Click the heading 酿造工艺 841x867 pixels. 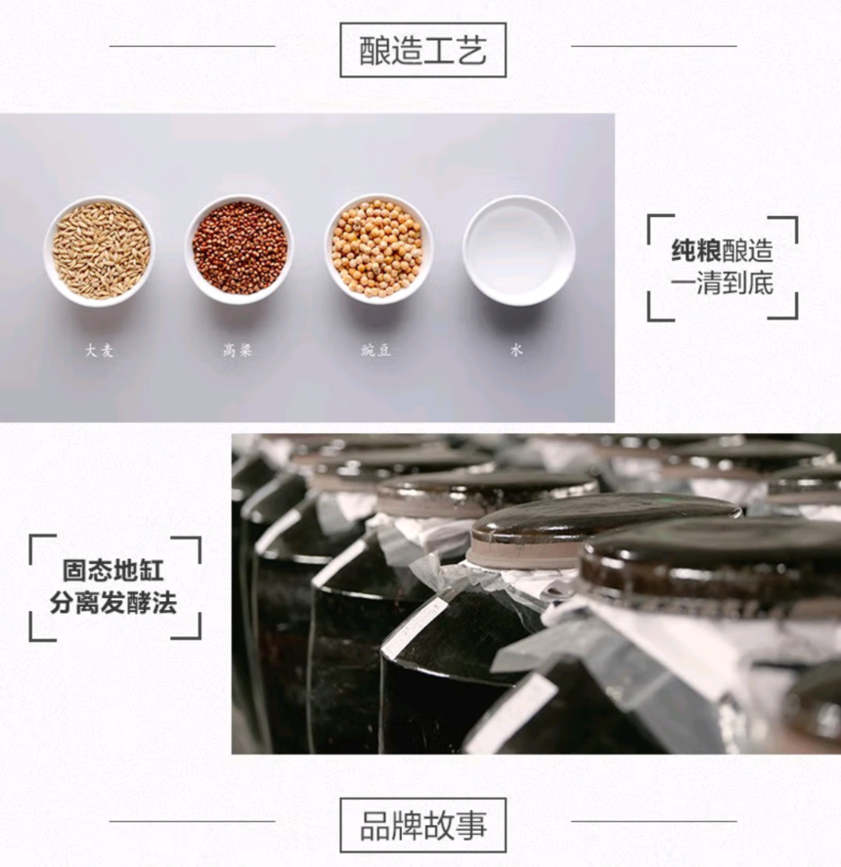[x=422, y=50]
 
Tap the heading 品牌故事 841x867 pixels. [x=422, y=826]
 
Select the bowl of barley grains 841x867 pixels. [x=100, y=251]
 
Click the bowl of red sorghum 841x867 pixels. [x=240, y=249]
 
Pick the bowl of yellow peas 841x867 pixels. [x=379, y=249]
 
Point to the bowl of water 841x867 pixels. [x=518, y=250]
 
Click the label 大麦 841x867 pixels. [x=100, y=350]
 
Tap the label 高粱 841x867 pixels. [x=238, y=350]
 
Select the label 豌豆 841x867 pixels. [x=376, y=350]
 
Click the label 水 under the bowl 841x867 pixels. [x=516, y=350]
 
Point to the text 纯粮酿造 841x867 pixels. [x=722, y=250]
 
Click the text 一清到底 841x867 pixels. [x=722, y=283]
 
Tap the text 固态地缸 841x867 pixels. [x=112, y=571]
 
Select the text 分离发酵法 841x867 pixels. [x=112, y=603]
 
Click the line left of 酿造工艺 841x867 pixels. [x=192, y=46]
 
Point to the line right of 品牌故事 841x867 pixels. [x=653, y=821]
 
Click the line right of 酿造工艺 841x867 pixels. [x=653, y=46]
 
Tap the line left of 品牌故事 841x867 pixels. [x=192, y=821]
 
